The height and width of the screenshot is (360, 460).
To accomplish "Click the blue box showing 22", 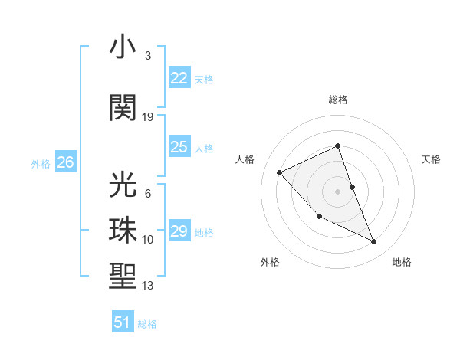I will pyautogui.click(x=179, y=78).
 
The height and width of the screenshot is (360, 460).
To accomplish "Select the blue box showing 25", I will pyautogui.click(x=179, y=147).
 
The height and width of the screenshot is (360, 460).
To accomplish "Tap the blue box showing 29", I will pyautogui.click(x=179, y=231).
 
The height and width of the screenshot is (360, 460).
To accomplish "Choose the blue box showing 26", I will pyautogui.click(x=66, y=162).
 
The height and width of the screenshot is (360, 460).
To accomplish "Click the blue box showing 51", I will pyautogui.click(x=123, y=322).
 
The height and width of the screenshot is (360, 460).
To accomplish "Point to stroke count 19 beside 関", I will pyautogui.click(x=148, y=117).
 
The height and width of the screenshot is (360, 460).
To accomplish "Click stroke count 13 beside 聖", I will pyautogui.click(x=148, y=286).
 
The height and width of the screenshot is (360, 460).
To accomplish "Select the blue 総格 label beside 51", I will pyautogui.click(x=147, y=324).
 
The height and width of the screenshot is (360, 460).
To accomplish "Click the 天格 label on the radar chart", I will pyautogui.click(x=432, y=159).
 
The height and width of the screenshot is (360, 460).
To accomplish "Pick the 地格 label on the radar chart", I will pyautogui.click(x=402, y=262).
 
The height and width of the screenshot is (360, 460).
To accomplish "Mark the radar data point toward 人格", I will pyautogui.click(x=280, y=172).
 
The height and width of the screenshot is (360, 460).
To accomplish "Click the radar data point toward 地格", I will pyautogui.click(x=374, y=242).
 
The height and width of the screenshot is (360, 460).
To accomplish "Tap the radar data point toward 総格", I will pyautogui.click(x=338, y=146).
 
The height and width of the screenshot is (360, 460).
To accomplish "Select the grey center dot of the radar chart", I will pyautogui.click(x=338, y=191).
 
